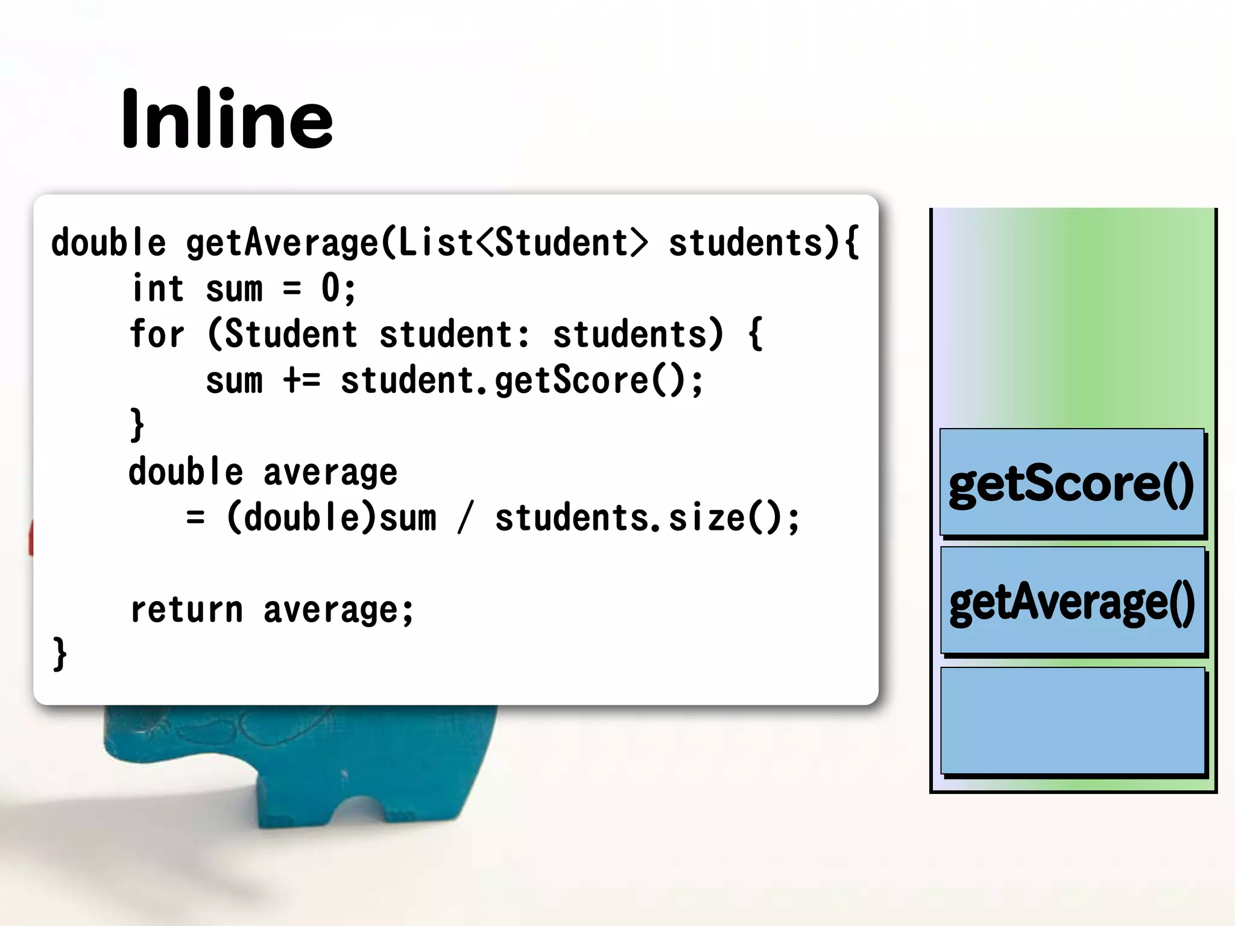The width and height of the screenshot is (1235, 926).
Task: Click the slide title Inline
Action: pos(227,118)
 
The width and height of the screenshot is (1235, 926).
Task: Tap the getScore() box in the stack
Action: pos(1072,482)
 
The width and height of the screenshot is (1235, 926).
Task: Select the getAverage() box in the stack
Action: pos(1072,600)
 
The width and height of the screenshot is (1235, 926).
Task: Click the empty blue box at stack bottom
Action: pos(1072,720)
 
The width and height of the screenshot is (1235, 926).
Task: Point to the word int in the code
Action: pos(157,288)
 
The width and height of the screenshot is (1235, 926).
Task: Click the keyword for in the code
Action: pos(156,334)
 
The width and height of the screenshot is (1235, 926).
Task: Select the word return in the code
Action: pos(186,609)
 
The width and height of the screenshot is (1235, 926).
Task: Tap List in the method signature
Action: pos(435,242)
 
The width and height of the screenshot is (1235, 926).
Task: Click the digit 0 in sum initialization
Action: pos(330,288)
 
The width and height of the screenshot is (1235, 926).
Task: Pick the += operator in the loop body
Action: pos(302,380)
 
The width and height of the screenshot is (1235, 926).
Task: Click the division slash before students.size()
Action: pos(464,518)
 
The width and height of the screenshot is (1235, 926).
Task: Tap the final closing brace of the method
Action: pos(59,654)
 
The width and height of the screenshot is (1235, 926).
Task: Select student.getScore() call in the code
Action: pos(522,381)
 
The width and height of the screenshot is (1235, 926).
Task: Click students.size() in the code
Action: pos(646,518)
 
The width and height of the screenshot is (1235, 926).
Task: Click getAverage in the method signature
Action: pos(282,243)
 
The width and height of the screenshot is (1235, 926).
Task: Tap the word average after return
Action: pos(338,610)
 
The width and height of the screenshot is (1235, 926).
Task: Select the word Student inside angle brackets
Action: pos(562,242)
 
